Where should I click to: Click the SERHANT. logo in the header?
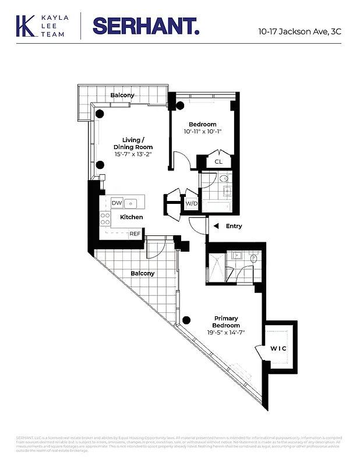coord(146,26)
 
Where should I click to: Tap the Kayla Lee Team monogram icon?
coord(25,26)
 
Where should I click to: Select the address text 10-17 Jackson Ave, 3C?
coord(299,31)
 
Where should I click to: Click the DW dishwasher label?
coord(117,203)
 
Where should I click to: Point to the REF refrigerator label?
coord(135,234)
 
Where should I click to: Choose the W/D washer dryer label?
coord(190,204)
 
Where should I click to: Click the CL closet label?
coord(218,162)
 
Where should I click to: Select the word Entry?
coord(234,226)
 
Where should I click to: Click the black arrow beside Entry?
coord(216,226)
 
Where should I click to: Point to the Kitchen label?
coord(132,217)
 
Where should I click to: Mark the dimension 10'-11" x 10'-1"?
coord(202,132)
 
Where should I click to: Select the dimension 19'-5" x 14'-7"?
coord(225,333)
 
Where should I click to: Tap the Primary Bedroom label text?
coord(225,322)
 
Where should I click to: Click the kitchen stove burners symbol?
coord(105,218)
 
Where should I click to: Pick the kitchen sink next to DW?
coord(131,203)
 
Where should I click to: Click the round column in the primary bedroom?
coord(186,319)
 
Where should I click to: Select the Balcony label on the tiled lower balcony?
coord(143,273)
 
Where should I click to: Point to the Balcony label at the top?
coord(123,95)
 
